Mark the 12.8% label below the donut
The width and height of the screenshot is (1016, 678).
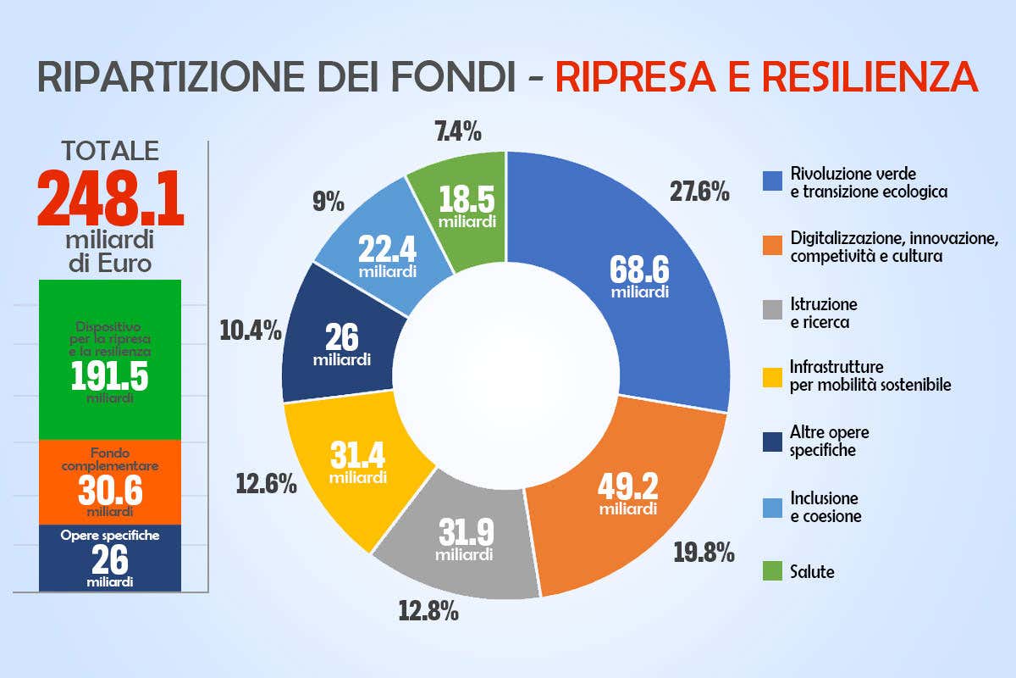coord(429,609)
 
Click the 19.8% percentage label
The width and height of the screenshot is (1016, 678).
coord(704,552)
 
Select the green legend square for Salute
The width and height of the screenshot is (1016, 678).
coord(771,572)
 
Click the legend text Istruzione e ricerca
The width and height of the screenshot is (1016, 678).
coord(823,313)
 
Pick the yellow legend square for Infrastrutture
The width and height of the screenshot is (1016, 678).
coord(771,375)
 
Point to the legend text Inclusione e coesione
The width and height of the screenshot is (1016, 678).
coord(825,507)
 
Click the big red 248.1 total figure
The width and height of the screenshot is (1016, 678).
coord(110,199)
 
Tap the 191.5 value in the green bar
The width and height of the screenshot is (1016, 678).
coord(109,375)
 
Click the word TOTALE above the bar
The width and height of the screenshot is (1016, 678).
coord(110,150)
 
